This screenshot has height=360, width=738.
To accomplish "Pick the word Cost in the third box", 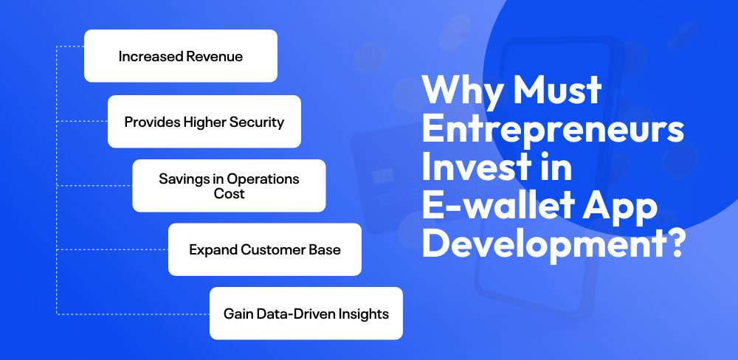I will [x=230, y=194].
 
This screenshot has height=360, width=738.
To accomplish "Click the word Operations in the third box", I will [x=264, y=179].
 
